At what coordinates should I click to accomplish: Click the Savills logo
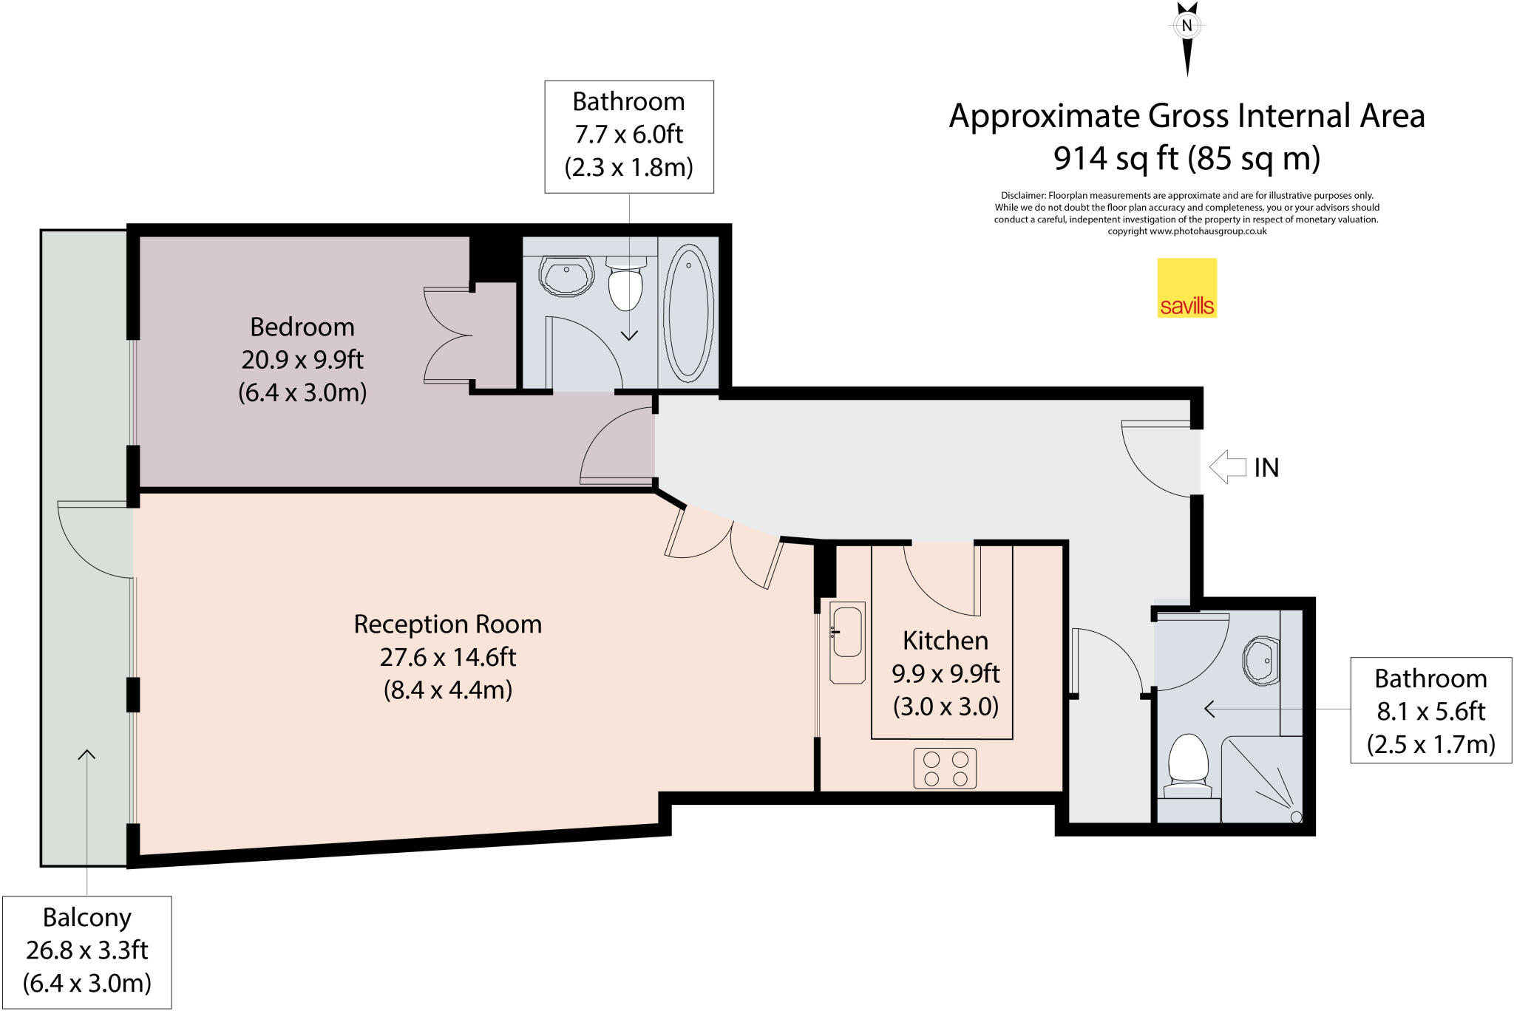pos(1187,287)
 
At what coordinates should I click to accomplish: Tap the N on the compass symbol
pos(1187,26)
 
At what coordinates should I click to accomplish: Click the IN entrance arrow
pos(1228,467)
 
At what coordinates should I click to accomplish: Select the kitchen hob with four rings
pos(945,769)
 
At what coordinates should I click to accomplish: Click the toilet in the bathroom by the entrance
pos(1188,761)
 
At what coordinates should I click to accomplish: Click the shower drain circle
pos(1296,817)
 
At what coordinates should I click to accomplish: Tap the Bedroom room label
pos(302,327)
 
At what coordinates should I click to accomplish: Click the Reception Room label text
pos(447,624)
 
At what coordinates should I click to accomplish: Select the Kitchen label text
pos(945,640)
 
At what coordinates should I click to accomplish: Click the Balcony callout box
pos(87,951)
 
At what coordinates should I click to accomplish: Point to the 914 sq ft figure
pos(1115,158)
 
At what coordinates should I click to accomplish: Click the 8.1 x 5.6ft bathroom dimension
pos(1430,711)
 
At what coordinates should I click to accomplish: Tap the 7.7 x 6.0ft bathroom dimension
pos(628,135)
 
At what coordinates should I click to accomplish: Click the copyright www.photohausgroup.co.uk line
pos(1187,231)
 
